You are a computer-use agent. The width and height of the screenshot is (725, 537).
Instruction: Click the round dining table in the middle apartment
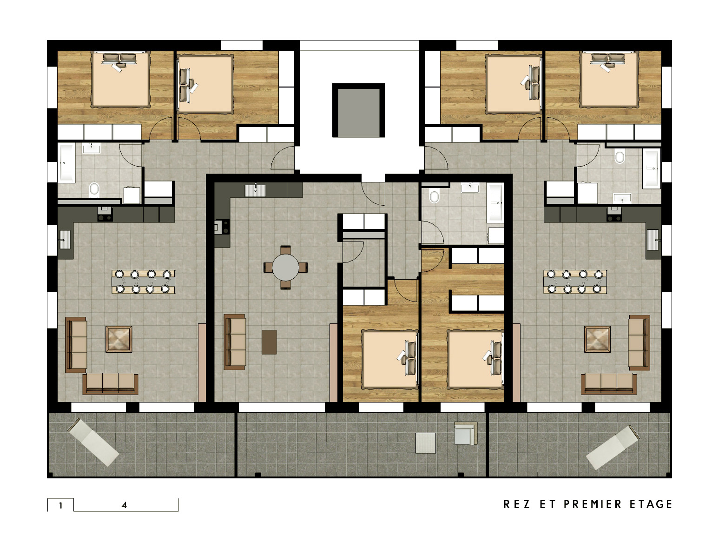(x=285, y=267)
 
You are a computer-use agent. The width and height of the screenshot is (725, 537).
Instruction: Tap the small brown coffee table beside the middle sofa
(x=269, y=342)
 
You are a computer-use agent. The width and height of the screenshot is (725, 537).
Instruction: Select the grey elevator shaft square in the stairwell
(x=359, y=110)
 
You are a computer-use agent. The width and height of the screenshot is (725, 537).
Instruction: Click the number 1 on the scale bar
(x=60, y=505)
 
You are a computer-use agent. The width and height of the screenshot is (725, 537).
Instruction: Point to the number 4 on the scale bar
(x=124, y=505)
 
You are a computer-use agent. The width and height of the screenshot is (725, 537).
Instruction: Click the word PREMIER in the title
(x=592, y=504)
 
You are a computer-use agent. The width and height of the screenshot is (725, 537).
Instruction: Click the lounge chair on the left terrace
(x=93, y=442)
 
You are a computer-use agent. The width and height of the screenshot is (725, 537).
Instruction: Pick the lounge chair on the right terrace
(x=612, y=447)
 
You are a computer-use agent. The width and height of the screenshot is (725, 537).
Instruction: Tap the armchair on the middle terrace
(x=466, y=433)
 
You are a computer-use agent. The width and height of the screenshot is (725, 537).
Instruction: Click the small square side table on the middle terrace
(x=426, y=443)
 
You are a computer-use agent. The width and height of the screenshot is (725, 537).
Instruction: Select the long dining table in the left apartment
(x=143, y=282)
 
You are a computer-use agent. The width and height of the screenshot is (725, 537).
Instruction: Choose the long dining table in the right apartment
(x=575, y=282)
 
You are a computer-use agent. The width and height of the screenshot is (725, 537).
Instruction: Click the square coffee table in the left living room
(x=119, y=339)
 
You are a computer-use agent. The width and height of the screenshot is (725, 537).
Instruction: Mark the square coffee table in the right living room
(x=597, y=339)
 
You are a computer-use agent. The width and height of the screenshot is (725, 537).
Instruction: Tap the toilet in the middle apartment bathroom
(x=434, y=196)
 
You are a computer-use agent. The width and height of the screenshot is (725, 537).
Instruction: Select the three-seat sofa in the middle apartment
(x=235, y=342)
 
